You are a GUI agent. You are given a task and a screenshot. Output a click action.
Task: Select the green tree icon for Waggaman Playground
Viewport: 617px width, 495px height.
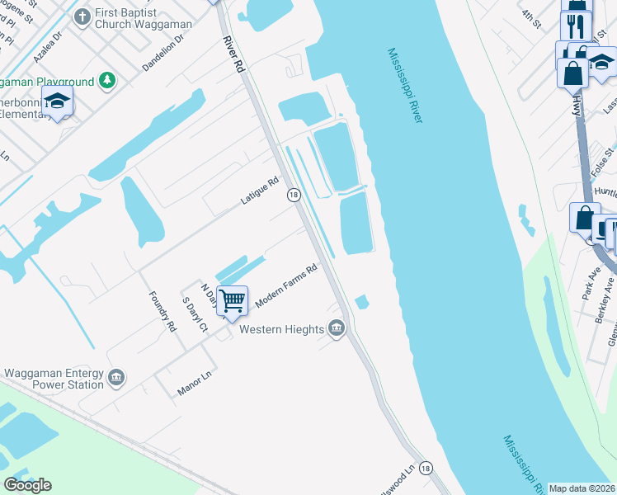pyautogui.click(x=106, y=81)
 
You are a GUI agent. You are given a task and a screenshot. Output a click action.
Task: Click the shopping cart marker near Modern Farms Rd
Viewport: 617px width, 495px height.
pyautogui.click(x=233, y=300)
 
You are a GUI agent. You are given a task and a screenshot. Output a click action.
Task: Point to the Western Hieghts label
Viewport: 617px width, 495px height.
pyautogui.click(x=281, y=330)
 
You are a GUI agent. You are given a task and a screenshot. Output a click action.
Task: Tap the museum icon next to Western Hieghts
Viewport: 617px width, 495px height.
pyautogui.click(x=337, y=329)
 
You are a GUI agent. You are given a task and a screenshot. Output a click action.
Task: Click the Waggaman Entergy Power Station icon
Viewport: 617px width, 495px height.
pyautogui.click(x=116, y=377)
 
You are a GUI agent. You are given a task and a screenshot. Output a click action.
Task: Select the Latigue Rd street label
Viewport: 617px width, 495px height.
pyautogui.click(x=260, y=191)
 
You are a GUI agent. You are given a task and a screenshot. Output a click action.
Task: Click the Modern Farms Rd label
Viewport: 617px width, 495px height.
pyautogui.click(x=286, y=286)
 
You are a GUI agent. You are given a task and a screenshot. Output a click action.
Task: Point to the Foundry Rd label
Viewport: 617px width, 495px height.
pyautogui.click(x=162, y=312)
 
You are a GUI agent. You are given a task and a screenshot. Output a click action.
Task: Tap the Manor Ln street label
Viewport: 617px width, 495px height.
pyautogui.click(x=195, y=385)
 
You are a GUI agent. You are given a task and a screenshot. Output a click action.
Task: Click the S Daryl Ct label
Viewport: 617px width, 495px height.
pyautogui.click(x=195, y=314)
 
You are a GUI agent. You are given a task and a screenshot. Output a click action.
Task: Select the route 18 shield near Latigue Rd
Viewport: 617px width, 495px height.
pyautogui.click(x=293, y=195)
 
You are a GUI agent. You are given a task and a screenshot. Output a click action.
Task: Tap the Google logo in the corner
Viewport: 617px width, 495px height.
pyautogui.click(x=27, y=485)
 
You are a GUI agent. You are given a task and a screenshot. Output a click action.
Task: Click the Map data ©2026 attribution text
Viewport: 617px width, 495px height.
pyautogui.click(x=582, y=488)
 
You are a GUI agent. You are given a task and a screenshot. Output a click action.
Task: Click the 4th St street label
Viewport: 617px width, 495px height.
pyautogui.click(x=531, y=20)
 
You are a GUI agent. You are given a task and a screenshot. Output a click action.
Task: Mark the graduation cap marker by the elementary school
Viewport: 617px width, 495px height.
pyautogui.click(x=57, y=101)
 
